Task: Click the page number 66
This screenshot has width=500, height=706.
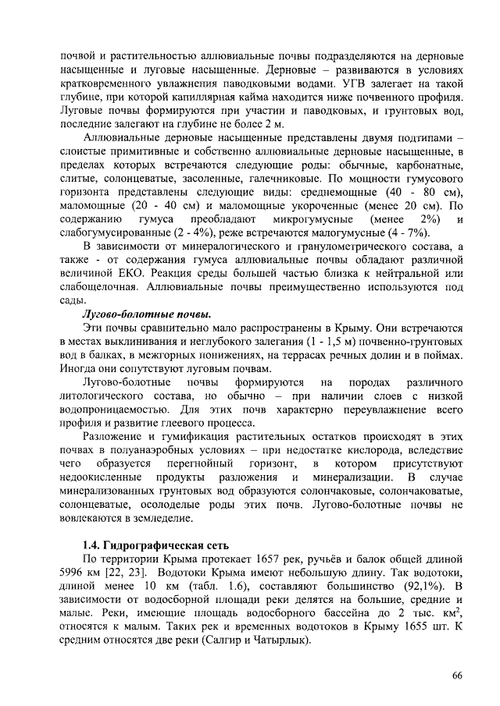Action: pos(458,675)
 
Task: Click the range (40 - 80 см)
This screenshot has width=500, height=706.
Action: pos(421,191)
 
